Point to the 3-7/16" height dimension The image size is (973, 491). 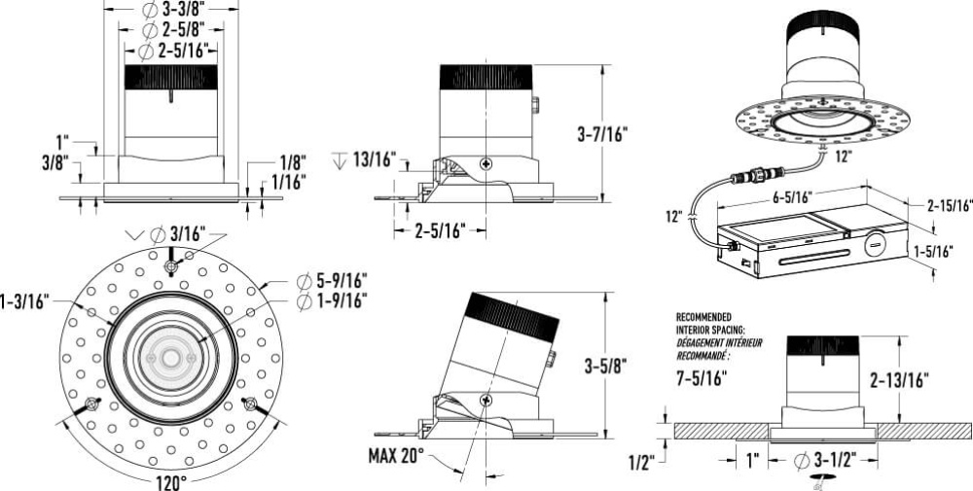coord(602,134)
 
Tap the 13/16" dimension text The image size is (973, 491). coord(375,159)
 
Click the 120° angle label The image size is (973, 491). coord(171,481)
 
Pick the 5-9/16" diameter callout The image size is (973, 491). coord(332,281)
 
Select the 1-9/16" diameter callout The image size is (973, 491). coord(332,301)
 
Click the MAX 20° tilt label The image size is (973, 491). coord(396,456)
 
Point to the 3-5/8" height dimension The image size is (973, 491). coord(605,367)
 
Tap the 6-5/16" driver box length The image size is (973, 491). coord(792,197)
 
